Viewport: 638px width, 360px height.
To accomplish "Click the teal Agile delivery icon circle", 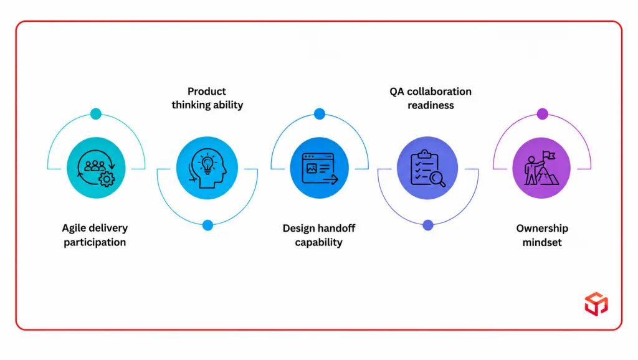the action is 96,168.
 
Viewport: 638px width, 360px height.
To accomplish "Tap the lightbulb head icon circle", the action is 207,168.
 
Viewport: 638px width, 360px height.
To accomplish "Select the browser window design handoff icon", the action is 320,168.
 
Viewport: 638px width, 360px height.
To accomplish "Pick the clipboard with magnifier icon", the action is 427,168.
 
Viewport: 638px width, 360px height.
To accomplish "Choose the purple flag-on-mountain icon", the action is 541,168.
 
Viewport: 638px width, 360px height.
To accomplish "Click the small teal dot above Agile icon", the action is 96,113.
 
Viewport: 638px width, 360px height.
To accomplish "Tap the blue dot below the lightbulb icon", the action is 207,225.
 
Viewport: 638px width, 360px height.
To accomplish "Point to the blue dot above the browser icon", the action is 320,114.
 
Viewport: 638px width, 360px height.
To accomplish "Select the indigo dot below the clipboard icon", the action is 427,225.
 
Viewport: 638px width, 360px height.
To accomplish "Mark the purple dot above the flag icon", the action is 543,114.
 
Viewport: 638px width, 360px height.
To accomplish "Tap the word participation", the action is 95,242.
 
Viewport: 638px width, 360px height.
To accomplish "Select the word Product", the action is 207,91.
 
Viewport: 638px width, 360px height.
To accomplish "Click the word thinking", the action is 189,105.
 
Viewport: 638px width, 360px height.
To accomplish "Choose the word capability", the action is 318,242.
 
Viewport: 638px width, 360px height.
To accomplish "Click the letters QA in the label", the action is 397,92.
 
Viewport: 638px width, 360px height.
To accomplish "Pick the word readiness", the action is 431,105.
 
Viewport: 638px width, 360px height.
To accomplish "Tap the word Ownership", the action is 542,229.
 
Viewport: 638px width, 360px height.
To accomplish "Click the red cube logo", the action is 596,304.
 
